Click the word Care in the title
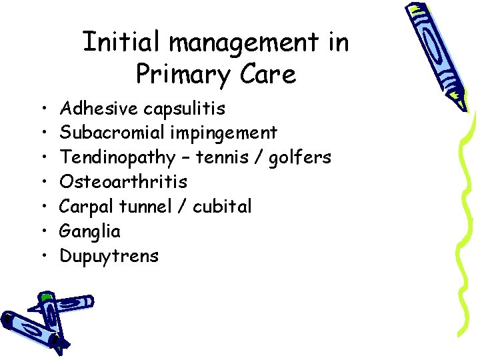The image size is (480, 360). coord(267,75)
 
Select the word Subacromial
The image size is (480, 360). coord(112,133)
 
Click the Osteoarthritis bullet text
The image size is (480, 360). coord(123,182)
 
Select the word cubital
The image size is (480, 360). coord(222,207)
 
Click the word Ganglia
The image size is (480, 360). coord(90,232)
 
